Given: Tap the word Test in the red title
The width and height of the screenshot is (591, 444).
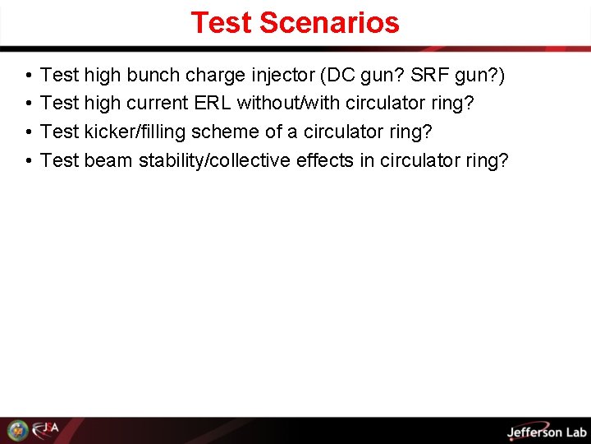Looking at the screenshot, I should pos(221,23).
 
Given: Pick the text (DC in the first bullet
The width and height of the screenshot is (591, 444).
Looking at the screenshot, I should pos(337,76).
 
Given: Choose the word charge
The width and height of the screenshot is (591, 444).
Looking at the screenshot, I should pos(214,76).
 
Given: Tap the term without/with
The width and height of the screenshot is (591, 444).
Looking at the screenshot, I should pos(286,104).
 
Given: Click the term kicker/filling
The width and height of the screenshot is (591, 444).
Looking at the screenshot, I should pos(135,132).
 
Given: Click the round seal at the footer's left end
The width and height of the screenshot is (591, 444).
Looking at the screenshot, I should pos(17,430).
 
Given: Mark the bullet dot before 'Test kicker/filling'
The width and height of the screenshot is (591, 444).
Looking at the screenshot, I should pos(28,132).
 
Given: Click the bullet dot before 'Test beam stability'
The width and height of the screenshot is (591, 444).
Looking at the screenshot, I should pos(28,160).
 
